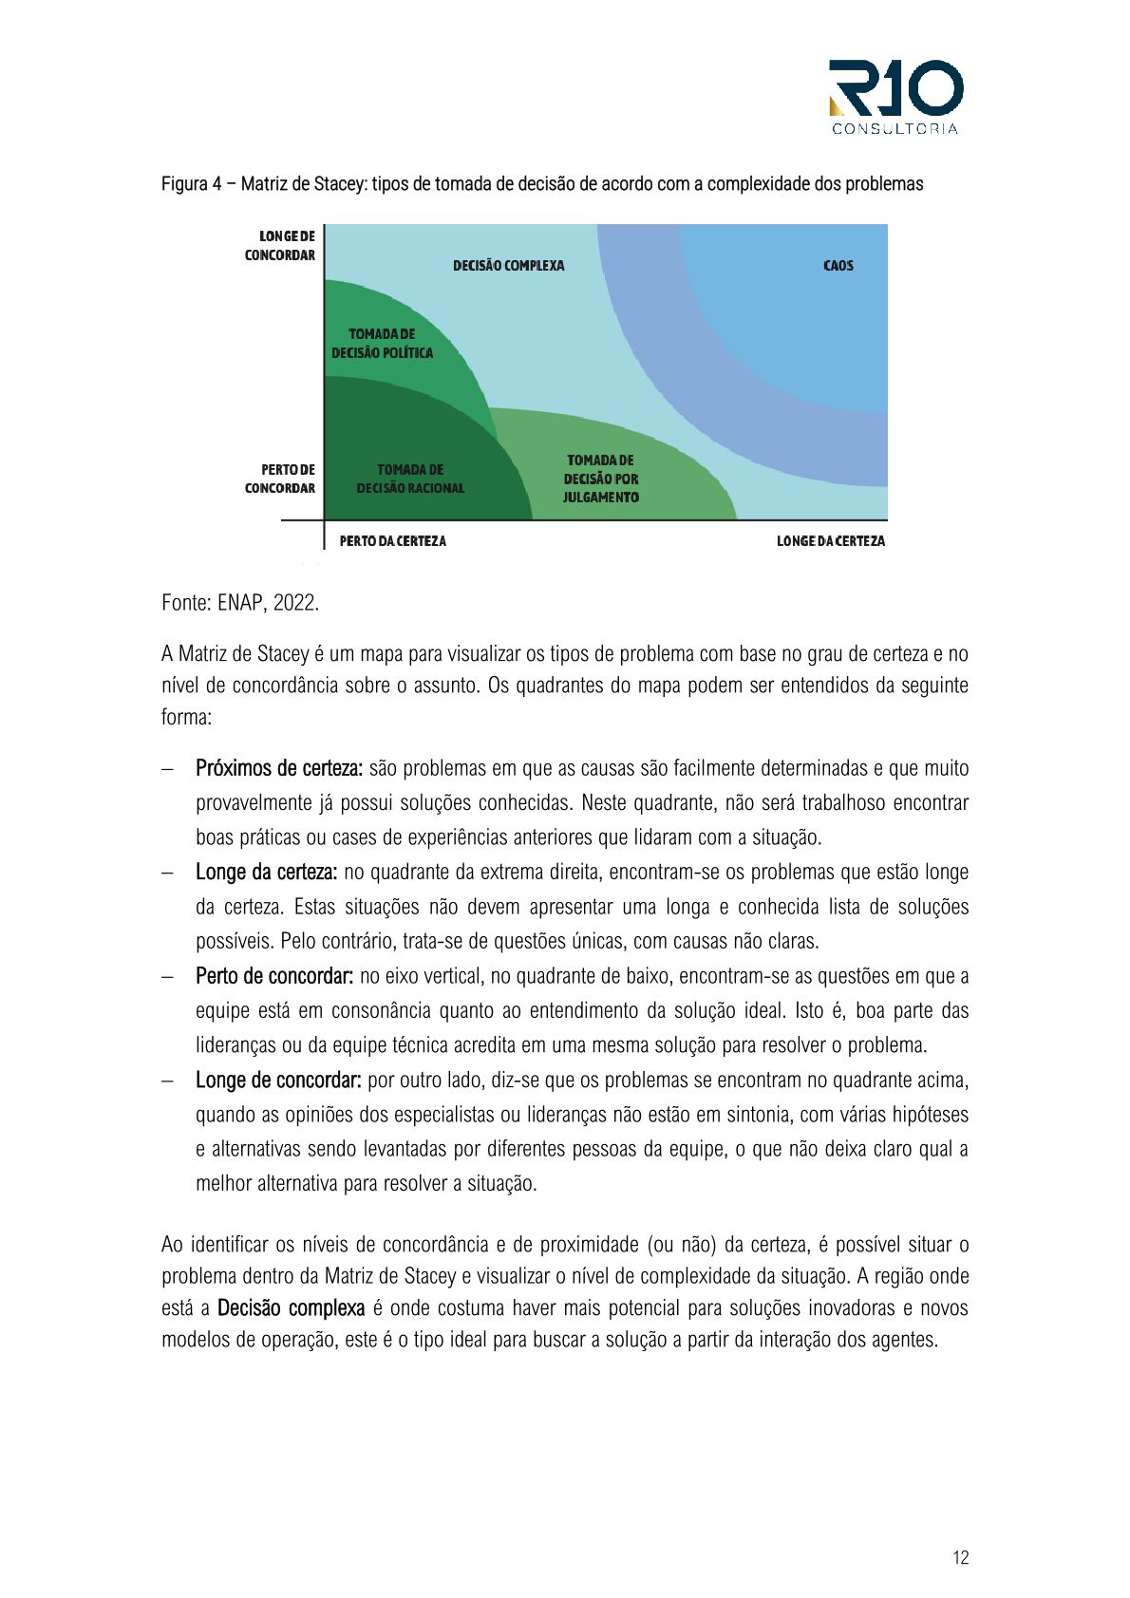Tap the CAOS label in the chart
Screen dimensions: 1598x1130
(x=838, y=266)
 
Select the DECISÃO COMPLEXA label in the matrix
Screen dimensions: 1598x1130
(x=508, y=266)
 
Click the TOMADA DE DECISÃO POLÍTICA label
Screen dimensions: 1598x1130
(x=382, y=344)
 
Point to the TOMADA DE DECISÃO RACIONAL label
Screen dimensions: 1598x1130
(x=410, y=479)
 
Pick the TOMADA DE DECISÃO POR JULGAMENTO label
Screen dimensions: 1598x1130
(x=600, y=479)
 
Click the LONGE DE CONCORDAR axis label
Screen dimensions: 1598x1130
(x=280, y=245)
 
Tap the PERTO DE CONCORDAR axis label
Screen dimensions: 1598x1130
(x=280, y=479)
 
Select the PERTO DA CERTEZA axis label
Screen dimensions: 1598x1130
(x=392, y=541)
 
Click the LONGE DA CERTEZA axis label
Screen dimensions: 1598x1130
(x=830, y=541)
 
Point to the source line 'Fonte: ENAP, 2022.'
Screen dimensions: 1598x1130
(x=240, y=603)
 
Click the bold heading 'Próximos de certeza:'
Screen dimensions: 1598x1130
(x=279, y=768)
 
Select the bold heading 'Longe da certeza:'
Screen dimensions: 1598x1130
(x=266, y=872)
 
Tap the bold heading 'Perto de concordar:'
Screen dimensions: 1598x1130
(x=274, y=976)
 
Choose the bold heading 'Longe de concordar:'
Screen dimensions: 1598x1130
(x=278, y=1081)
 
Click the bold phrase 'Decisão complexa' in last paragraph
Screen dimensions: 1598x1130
(x=291, y=1308)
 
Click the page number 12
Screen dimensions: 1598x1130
(x=960, y=1557)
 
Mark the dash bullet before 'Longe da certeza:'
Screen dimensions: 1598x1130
(x=167, y=873)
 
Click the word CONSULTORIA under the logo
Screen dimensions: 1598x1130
(x=895, y=129)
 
